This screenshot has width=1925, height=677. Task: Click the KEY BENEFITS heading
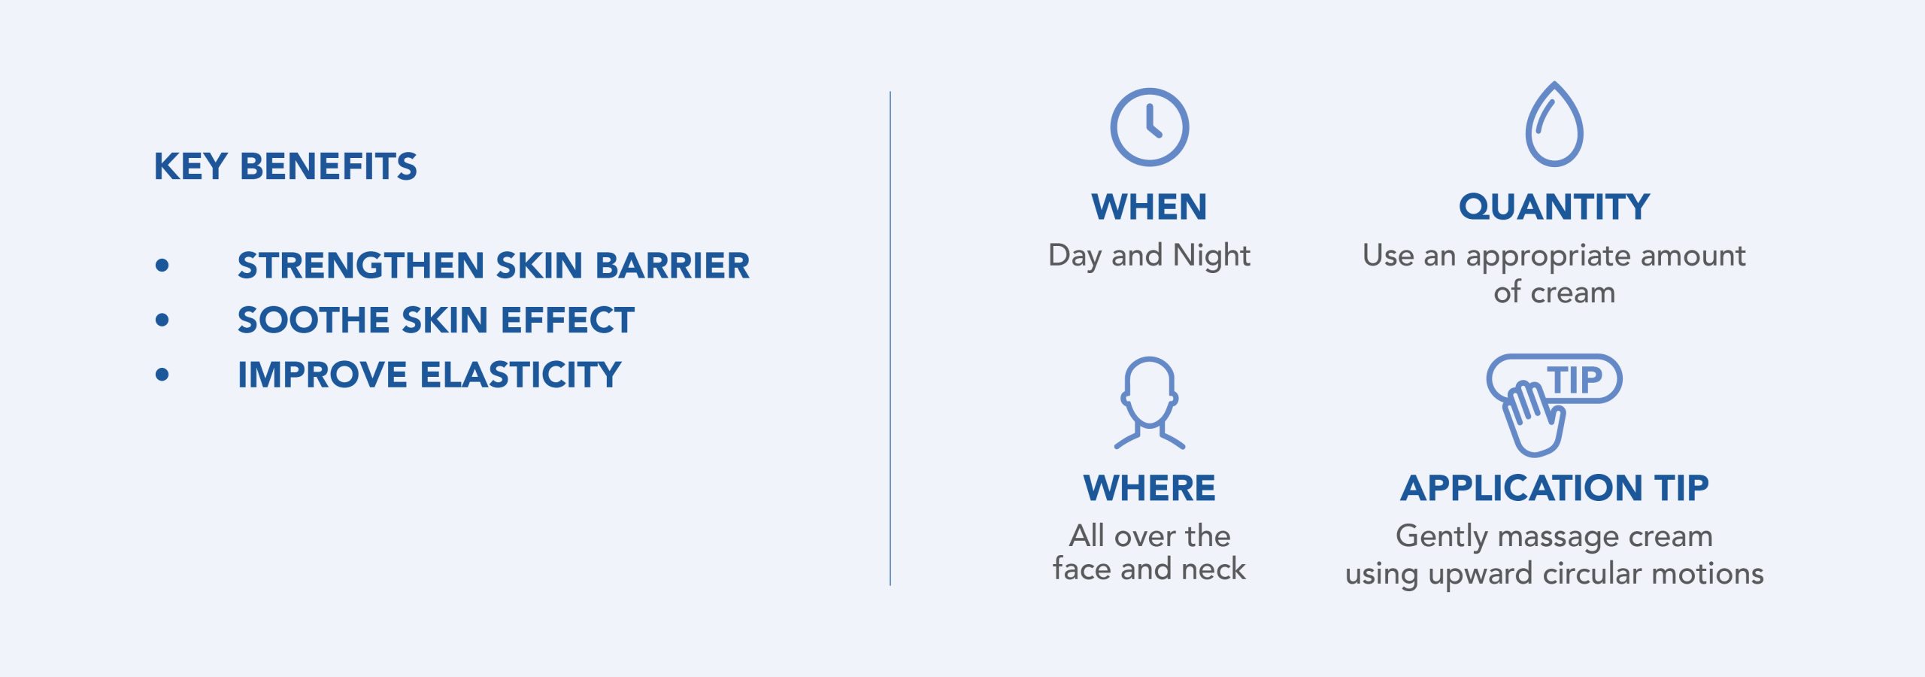285,166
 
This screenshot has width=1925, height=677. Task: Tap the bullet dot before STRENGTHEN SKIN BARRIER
162,265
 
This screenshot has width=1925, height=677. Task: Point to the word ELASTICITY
520,375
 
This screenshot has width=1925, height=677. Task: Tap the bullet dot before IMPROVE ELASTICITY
162,375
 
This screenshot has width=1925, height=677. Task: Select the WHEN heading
1149,207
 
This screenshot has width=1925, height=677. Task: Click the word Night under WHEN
1211,257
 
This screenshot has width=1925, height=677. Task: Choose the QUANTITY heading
1554,207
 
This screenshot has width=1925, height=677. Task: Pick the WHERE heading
1149,488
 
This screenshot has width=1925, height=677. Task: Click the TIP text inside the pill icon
1574,380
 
